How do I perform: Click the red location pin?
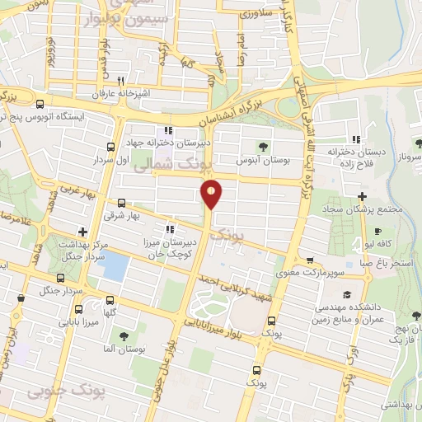[x=212, y=193]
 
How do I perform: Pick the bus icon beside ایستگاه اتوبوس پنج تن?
[x=40, y=104]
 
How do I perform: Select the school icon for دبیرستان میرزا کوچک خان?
[x=169, y=229]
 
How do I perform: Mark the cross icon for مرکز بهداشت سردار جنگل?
[x=82, y=232]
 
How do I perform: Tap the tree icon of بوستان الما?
[x=122, y=335]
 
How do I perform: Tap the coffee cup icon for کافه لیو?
[x=377, y=232]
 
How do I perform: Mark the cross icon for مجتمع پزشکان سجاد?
[x=363, y=196]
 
